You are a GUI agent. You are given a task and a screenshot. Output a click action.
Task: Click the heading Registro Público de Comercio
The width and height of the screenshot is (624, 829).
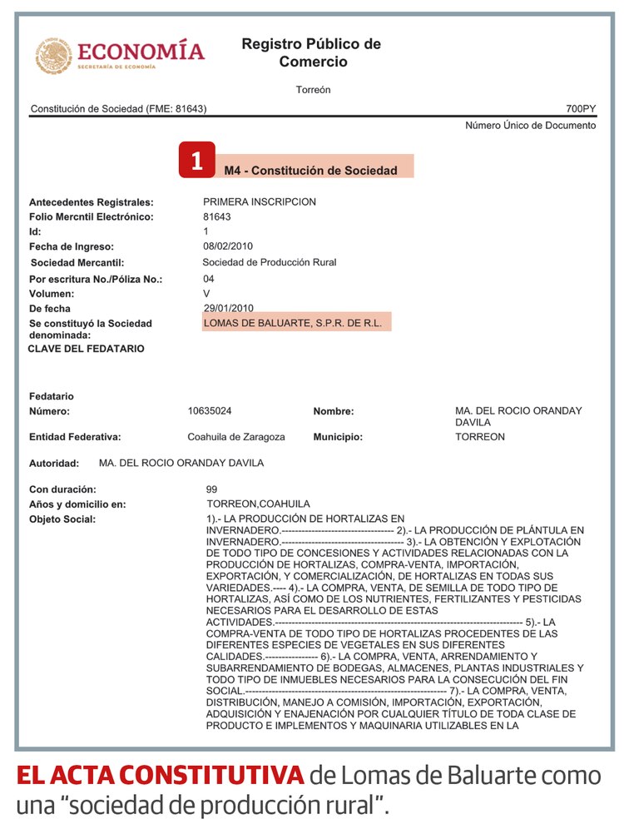coord(312,52)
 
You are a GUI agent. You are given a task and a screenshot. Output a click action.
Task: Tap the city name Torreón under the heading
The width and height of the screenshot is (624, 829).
coord(313,90)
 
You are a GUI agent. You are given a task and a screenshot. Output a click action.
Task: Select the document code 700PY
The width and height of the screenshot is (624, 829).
coord(581,109)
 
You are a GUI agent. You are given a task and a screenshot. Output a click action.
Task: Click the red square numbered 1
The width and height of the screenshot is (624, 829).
coord(197,161)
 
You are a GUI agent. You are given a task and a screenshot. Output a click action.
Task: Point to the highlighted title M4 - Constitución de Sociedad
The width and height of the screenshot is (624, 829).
coord(310,171)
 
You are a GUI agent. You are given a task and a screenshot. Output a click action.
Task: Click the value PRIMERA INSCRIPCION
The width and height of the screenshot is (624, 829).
coord(260,202)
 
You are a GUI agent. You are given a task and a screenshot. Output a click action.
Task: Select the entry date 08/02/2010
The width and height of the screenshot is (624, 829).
coord(228,246)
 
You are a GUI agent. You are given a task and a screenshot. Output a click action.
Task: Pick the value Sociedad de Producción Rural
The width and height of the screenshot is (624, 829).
coord(270,262)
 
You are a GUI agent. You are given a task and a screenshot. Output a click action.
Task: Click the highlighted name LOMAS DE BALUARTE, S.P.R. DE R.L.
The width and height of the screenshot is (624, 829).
coord(292,323)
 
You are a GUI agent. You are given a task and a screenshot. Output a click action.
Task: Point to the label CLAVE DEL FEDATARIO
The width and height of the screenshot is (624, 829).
coord(87,349)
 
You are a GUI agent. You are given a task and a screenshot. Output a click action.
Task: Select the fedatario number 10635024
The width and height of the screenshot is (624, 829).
coord(210,411)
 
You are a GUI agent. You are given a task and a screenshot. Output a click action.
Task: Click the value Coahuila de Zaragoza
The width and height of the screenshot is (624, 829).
coord(236,437)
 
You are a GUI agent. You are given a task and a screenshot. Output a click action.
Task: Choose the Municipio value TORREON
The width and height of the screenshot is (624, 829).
coord(480,437)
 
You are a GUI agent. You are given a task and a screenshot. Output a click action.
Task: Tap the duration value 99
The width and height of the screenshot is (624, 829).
coord(211,489)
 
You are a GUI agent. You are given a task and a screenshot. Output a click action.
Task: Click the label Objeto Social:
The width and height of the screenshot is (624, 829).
coord(62,519)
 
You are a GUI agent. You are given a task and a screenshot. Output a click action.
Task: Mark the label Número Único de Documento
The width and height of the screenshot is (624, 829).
coord(530,126)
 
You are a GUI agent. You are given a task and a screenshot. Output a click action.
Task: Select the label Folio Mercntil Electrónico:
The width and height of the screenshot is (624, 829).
coord(92,217)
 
